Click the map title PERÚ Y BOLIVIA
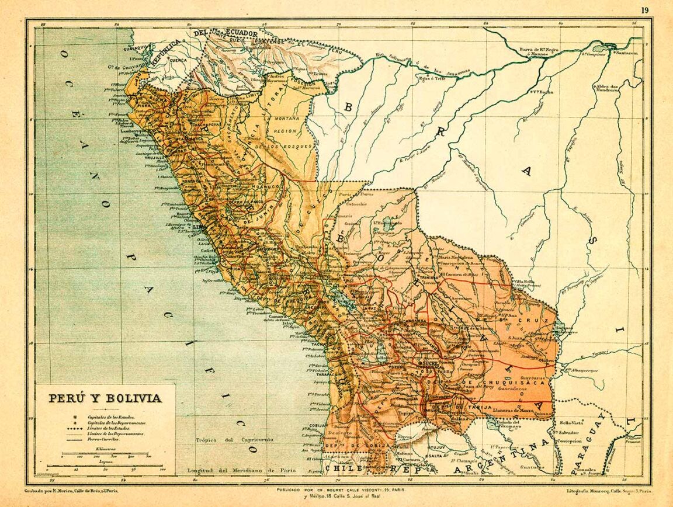click(105, 398)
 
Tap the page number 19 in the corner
click(644, 10)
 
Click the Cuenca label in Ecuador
click(178, 60)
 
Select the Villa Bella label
click(523, 282)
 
